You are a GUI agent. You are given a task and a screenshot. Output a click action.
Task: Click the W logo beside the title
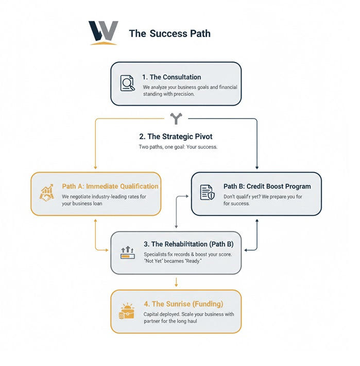pyautogui.click(x=103, y=33)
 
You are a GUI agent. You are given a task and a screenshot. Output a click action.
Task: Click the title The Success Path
pyautogui.click(x=169, y=34)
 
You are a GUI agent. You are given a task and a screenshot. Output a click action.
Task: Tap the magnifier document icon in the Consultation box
pyautogui.click(x=127, y=84)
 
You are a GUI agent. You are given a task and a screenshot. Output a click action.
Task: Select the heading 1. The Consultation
pyautogui.click(x=172, y=77)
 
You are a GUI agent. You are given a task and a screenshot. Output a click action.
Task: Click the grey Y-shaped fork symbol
pyautogui.click(x=176, y=119)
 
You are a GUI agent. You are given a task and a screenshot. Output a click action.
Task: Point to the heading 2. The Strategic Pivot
pyautogui.click(x=176, y=137)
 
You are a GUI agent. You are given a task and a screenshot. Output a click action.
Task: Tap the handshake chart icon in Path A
pyautogui.click(x=46, y=193)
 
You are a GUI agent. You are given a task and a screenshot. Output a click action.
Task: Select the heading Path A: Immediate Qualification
pyautogui.click(x=110, y=186)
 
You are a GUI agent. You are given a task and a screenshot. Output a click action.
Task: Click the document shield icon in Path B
pyautogui.click(x=207, y=193)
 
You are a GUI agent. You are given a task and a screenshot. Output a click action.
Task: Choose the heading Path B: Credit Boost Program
pyautogui.click(x=267, y=186)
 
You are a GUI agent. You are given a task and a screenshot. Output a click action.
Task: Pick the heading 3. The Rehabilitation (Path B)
pyautogui.click(x=187, y=244)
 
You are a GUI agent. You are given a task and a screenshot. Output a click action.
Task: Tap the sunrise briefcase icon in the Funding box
pyautogui.click(x=126, y=311)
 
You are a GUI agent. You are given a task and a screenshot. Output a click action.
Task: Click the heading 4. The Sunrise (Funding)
pyautogui.click(x=184, y=304)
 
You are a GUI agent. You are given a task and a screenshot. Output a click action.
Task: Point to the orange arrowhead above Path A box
pyautogui.click(x=95, y=168)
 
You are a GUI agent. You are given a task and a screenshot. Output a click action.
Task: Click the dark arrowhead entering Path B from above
pyautogui.click(x=256, y=168)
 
